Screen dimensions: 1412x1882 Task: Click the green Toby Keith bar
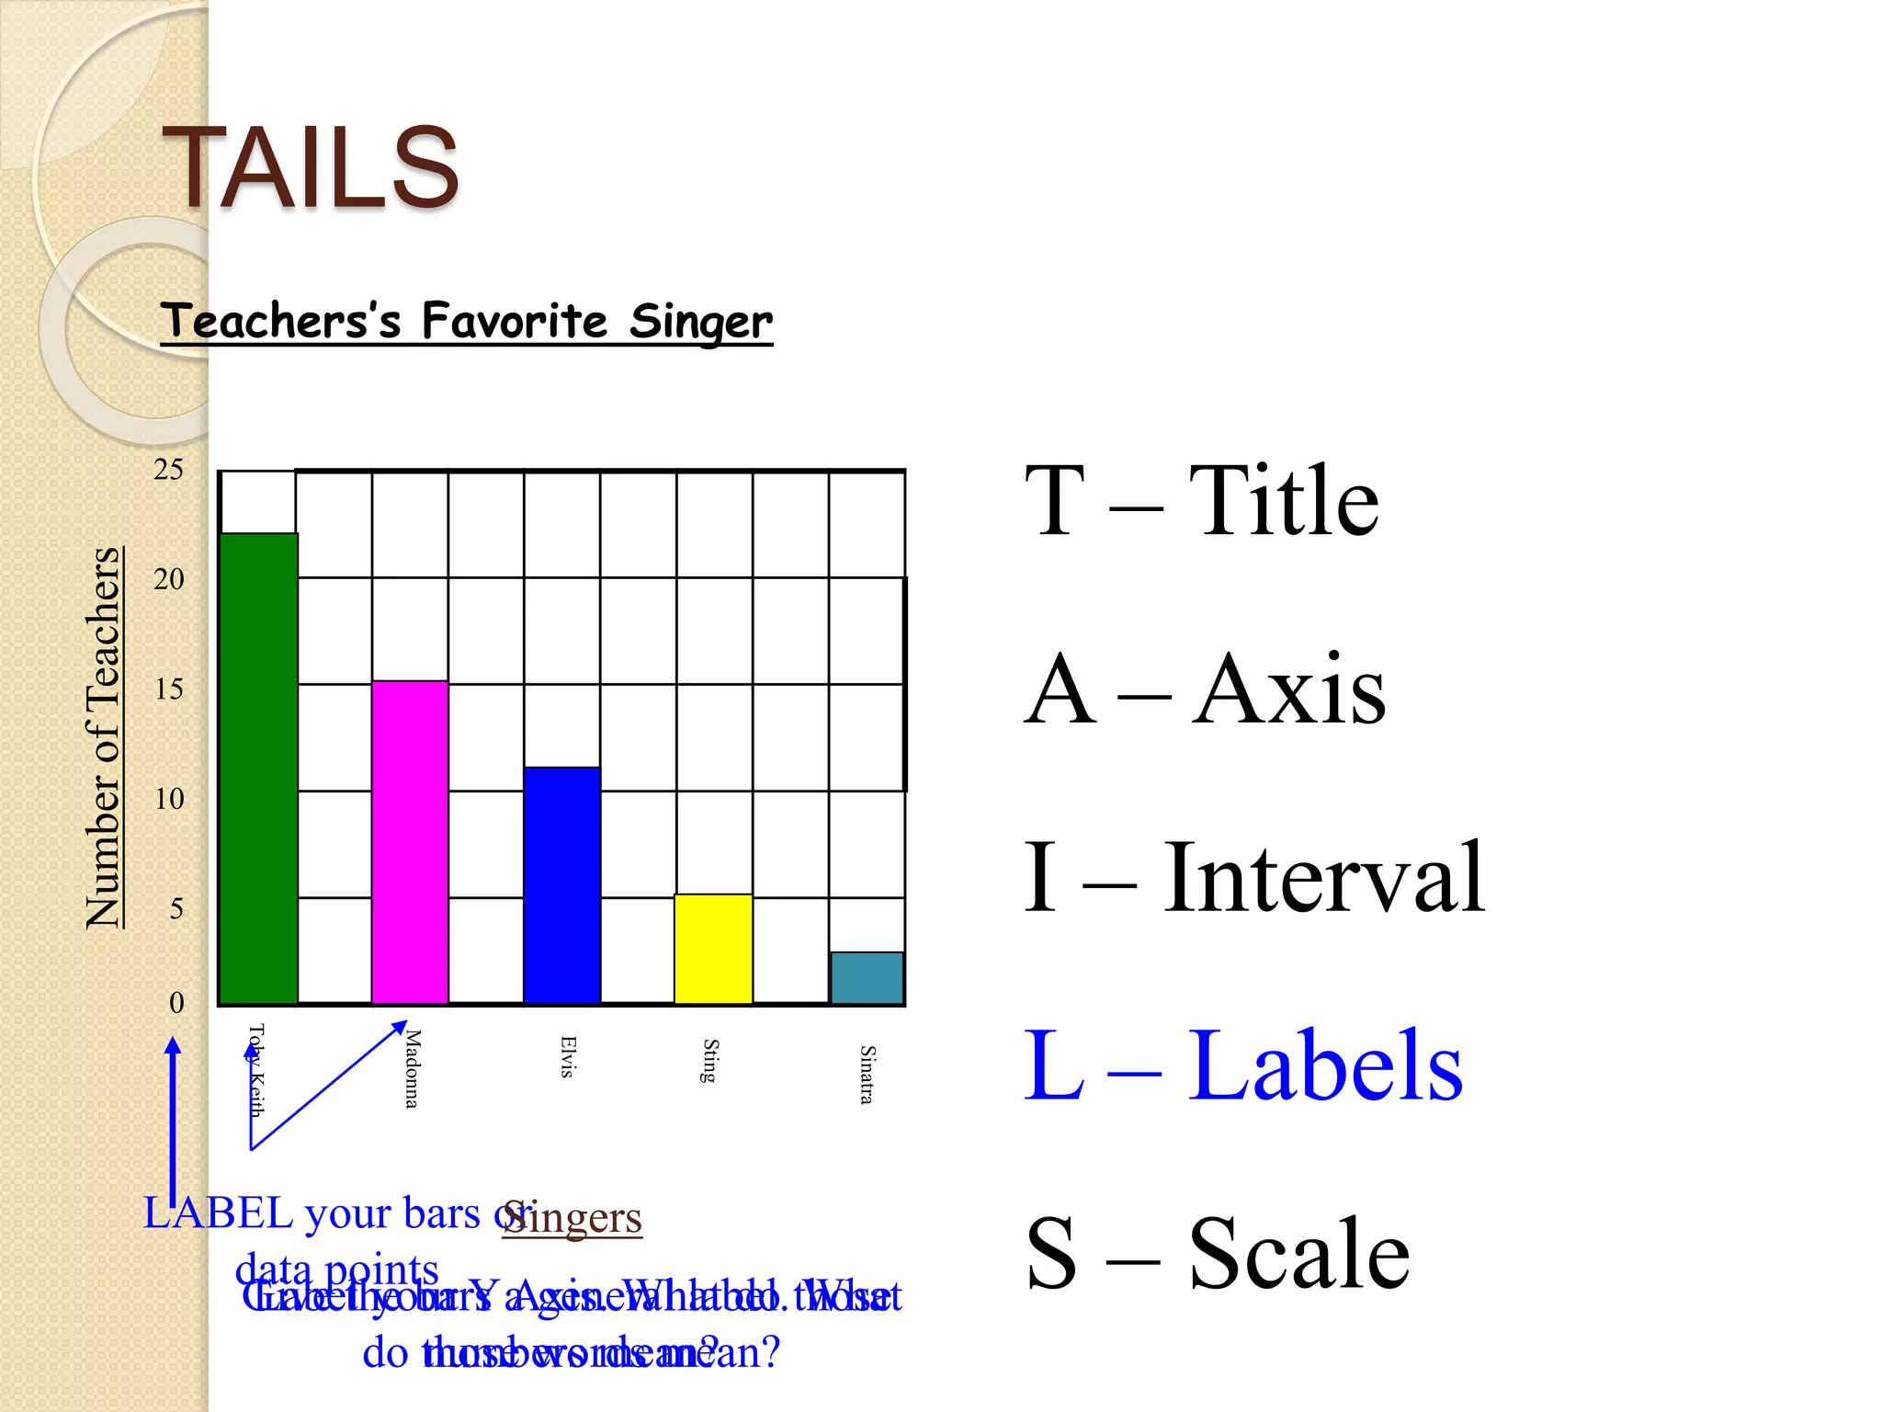pos(258,768)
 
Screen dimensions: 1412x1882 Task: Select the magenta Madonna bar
pos(410,841)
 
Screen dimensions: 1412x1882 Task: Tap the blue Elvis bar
pos(561,884)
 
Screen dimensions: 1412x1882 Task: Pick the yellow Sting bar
pos(713,948)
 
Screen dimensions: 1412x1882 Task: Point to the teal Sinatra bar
pos(867,977)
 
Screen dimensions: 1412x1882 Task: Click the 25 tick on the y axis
pos(168,470)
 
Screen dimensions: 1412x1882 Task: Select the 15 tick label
pos(168,689)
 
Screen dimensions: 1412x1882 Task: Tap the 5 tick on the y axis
pos(176,909)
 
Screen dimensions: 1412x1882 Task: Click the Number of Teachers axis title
pos(104,737)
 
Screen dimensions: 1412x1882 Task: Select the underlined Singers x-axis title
pos(573,1217)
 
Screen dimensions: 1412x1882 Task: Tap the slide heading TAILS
pos(311,167)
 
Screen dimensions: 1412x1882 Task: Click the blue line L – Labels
pos(1242,1065)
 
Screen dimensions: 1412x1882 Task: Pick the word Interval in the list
pos(1323,878)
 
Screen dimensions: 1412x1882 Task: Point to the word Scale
pos(1298,1253)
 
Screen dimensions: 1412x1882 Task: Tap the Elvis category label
pos(568,1056)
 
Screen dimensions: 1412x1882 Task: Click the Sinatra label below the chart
pos(867,1074)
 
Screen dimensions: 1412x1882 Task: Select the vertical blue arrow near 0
pos(173,1117)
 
